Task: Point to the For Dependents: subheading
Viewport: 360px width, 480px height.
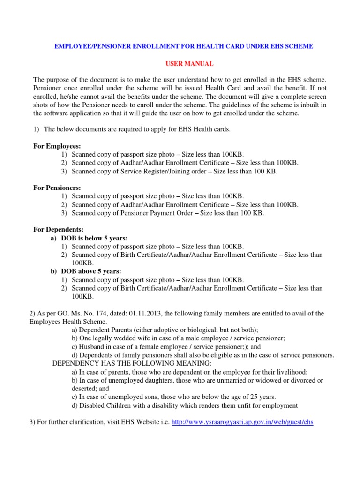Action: tap(59, 230)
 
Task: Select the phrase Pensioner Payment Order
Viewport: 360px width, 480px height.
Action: tap(161, 213)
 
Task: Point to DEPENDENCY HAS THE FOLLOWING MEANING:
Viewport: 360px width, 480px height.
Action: tap(132, 363)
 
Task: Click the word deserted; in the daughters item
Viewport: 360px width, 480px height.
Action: tap(85, 389)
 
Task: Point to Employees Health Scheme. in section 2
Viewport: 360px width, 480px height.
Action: tap(67, 322)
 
